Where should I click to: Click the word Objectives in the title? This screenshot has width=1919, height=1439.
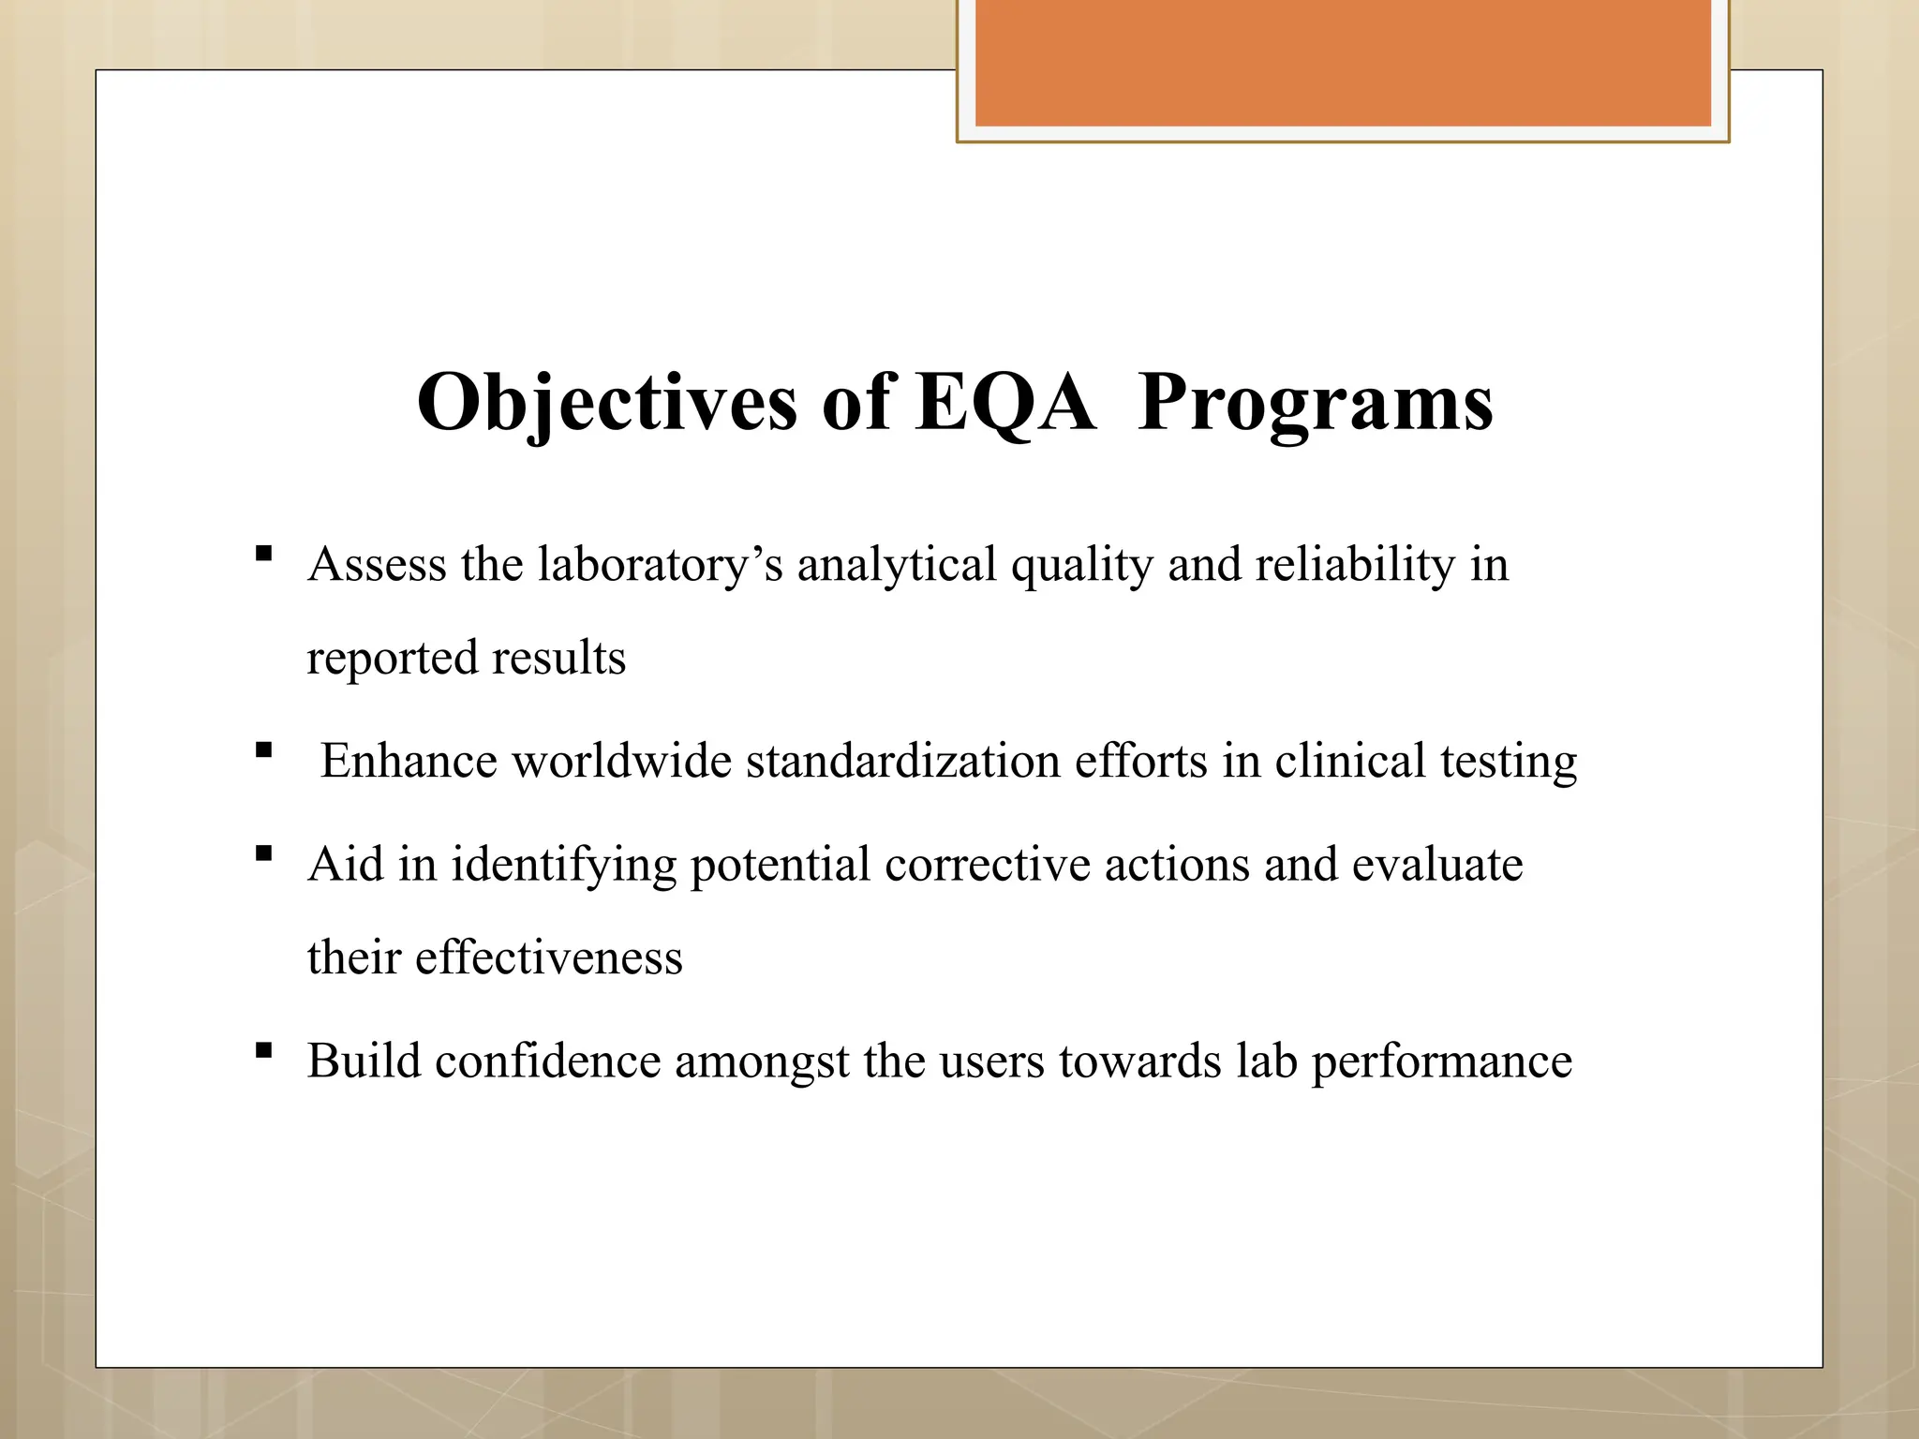[x=606, y=403]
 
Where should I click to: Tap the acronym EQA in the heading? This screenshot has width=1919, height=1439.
[x=1004, y=403]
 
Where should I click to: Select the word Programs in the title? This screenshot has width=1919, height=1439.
[x=1315, y=403]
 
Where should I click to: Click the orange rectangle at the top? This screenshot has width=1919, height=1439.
[x=1342, y=64]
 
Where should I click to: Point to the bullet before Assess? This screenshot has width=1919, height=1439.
[x=263, y=554]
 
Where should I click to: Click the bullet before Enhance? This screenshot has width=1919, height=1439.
[x=263, y=749]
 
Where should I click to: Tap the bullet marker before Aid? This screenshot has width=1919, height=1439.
[x=263, y=853]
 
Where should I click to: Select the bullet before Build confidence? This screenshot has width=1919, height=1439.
[x=263, y=1050]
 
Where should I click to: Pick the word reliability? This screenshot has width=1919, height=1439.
[x=1354, y=565]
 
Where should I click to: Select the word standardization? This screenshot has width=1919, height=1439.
[x=902, y=761]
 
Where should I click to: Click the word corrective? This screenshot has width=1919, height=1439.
[x=987, y=864]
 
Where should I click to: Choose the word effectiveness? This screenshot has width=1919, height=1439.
[x=548, y=957]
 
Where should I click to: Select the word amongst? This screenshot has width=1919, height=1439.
[x=762, y=1061]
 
